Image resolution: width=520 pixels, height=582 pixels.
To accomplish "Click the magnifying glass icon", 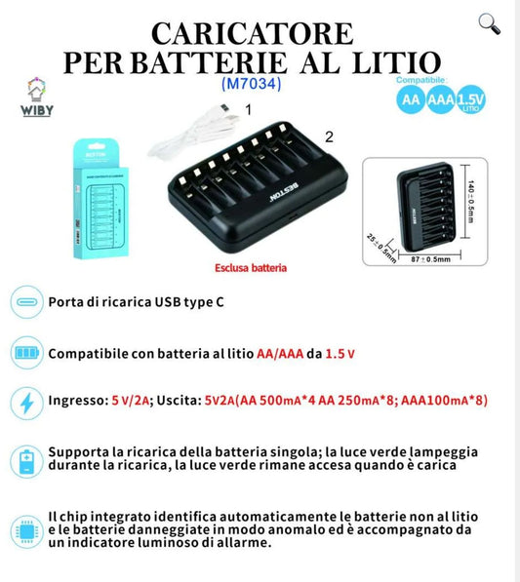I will pos(490,24).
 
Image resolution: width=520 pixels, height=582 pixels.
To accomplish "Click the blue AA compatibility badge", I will pos(410,100).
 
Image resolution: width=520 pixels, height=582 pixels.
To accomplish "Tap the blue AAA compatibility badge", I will pos(443,100).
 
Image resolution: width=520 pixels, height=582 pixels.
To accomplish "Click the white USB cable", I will pos(195,132).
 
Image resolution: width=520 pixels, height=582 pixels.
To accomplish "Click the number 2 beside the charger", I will pos(329,137).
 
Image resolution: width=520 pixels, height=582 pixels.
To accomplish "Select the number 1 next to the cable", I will pos(248,111).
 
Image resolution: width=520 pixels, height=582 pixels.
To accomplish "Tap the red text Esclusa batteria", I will pos(251,266).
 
